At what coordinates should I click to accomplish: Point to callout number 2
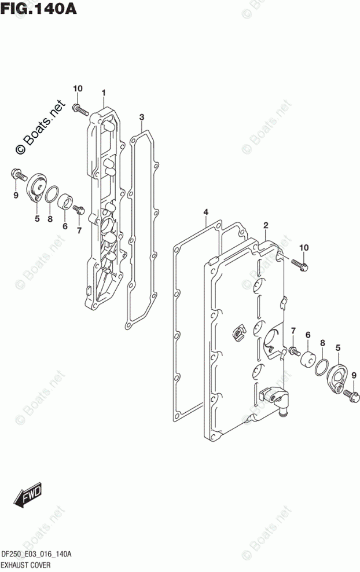click(266, 225)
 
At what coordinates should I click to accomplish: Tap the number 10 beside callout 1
click(78, 88)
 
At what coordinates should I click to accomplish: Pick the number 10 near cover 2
click(304, 247)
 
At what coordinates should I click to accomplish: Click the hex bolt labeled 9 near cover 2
click(350, 396)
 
